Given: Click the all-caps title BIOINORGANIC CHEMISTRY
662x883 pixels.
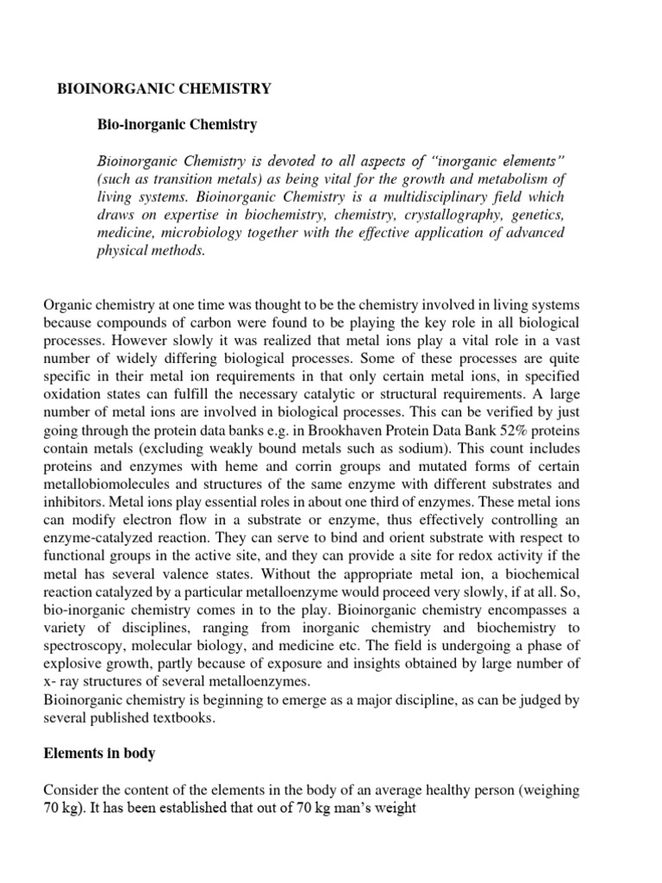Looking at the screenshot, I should point(164,89).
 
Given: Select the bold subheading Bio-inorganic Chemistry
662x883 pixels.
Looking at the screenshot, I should point(178,125).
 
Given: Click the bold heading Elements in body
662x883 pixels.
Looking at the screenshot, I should point(100,754).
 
